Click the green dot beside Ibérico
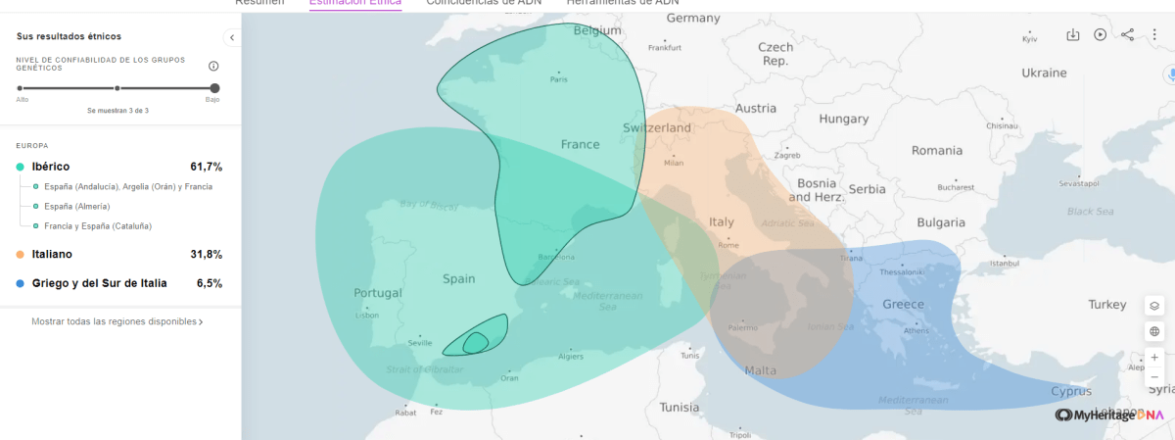click(20, 167)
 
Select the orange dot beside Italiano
click(20, 255)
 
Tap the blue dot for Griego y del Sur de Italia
click(20, 283)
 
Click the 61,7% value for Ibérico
click(206, 167)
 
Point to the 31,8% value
click(206, 255)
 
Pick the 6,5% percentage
click(209, 283)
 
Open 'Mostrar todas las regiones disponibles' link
click(117, 321)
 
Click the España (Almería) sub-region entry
click(76, 206)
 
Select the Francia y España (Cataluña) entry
click(98, 226)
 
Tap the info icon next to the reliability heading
click(213, 66)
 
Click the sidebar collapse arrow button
click(232, 37)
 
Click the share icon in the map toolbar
click(1127, 35)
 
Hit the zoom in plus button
click(1154, 358)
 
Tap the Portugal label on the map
click(378, 293)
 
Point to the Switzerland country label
click(657, 128)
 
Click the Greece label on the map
click(903, 305)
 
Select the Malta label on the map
click(761, 370)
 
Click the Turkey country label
click(1107, 305)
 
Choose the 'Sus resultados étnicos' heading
click(69, 36)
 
